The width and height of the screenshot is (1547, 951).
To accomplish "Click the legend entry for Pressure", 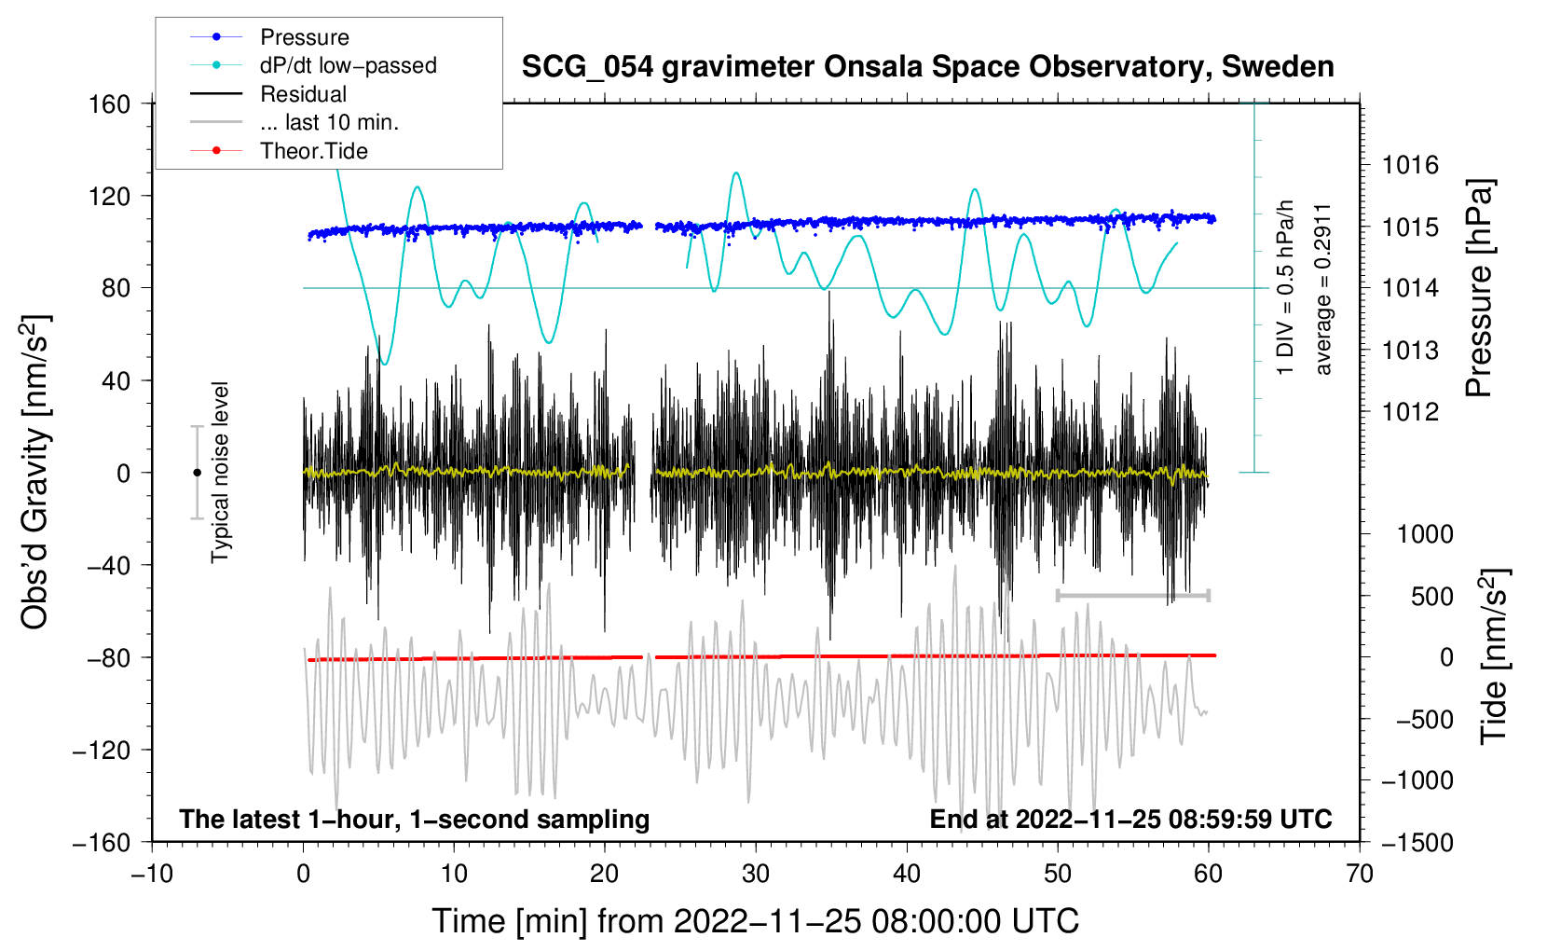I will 304,37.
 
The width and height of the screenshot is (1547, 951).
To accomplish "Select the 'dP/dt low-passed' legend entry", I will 348,65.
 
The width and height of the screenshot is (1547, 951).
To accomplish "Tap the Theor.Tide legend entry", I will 313,151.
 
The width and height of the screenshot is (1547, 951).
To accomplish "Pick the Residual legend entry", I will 303,94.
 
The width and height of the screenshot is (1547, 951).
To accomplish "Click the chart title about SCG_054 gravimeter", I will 927,67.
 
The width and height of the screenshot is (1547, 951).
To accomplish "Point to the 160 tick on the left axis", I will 110,103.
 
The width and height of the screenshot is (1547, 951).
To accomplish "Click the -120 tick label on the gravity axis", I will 102,750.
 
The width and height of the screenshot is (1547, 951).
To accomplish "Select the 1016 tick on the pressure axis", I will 1410,166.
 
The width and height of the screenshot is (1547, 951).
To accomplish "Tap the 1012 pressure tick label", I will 1410,412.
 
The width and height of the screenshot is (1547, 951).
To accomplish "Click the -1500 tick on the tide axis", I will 1417,843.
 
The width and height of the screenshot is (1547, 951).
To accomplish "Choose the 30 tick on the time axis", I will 756,874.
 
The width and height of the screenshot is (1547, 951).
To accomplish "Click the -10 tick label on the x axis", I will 152,874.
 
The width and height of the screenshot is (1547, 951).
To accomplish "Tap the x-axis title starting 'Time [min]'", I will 756,921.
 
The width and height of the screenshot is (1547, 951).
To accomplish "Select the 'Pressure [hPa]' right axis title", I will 1479,288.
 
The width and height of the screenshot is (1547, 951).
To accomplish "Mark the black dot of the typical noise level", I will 197,473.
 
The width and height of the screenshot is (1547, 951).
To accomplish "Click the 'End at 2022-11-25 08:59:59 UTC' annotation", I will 1130,820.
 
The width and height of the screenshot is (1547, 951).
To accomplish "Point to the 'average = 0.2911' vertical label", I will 1323,289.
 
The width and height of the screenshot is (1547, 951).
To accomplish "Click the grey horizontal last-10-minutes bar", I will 1132,595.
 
